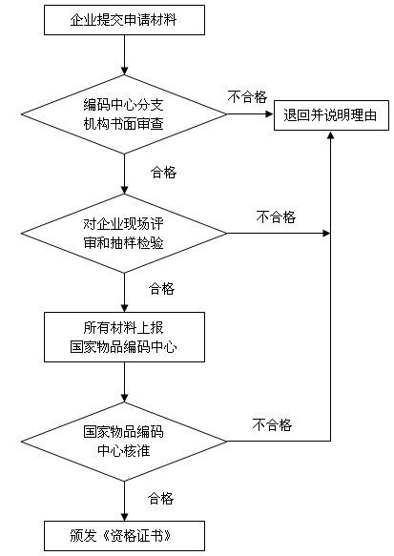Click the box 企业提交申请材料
pyautogui.click(x=124, y=20)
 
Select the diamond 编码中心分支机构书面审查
pyautogui.click(x=124, y=114)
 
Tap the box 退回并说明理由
pyautogui.click(x=331, y=115)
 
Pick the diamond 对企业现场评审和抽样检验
pyautogui.click(x=124, y=234)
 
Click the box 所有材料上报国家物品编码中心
pyautogui.click(x=124, y=337)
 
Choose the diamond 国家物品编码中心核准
pyautogui.click(x=124, y=442)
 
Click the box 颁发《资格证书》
pyautogui.click(x=124, y=535)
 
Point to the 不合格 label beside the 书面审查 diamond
pyautogui.click(x=247, y=96)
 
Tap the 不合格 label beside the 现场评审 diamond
pyautogui.click(x=276, y=216)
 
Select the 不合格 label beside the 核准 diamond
pyautogui.click(x=272, y=424)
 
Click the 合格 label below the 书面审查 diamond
pyautogui.click(x=163, y=173)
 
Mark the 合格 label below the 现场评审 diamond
pyautogui.click(x=162, y=289)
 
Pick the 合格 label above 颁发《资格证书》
pyautogui.click(x=160, y=498)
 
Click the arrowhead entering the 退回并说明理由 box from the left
pyautogui.click(x=270, y=114)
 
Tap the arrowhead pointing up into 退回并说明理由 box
pyautogui.click(x=330, y=134)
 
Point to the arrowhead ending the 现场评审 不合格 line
pyautogui.click(x=326, y=234)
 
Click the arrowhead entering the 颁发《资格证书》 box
pyautogui.click(x=124, y=516)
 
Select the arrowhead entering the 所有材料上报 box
pyautogui.click(x=124, y=308)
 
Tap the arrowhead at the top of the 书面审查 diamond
pyautogui.click(x=124, y=71)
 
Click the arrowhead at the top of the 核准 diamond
pyautogui.click(x=124, y=398)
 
